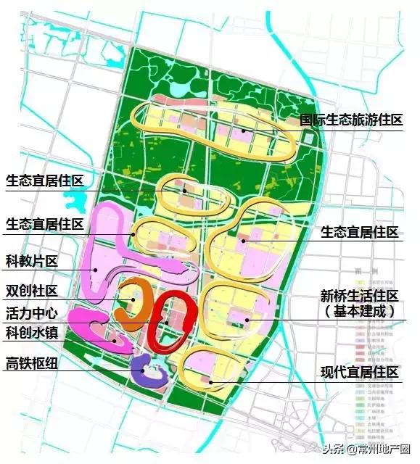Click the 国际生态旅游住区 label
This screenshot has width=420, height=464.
tap(351, 120)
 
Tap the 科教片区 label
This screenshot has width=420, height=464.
tap(31, 261)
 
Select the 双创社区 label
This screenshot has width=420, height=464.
tap(31, 291)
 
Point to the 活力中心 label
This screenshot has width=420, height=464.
tap(31, 315)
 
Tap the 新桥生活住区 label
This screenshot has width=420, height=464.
tap(360, 296)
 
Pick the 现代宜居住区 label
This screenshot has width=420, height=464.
tap(360, 373)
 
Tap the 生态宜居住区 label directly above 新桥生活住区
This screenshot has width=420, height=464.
tap(360, 232)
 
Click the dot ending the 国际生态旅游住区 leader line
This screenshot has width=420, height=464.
tap(244, 130)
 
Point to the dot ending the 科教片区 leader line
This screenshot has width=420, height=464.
tap(96, 270)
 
